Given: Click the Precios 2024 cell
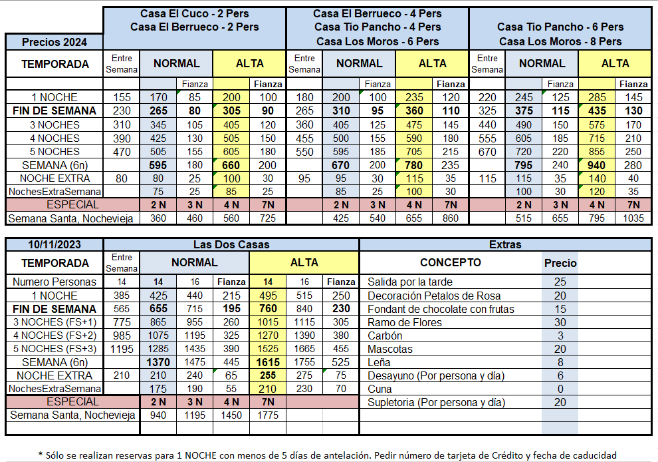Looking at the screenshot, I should click(55, 42).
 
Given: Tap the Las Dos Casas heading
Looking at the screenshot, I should click(231, 244).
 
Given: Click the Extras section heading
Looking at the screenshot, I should click(504, 244).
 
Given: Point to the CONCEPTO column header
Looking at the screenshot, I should click(451, 262).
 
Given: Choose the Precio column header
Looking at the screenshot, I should click(560, 263).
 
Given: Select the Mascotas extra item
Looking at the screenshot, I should click(390, 349).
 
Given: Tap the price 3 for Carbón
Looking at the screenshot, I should click(560, 336).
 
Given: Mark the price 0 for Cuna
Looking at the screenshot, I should click(560, 389).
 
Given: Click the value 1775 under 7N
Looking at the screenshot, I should click(267, 415).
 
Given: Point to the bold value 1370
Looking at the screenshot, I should click(158, 361).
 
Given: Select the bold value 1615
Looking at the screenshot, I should click(267, 361).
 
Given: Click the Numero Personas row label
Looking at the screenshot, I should click(55, 282).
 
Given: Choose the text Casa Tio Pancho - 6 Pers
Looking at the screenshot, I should click(560, 27).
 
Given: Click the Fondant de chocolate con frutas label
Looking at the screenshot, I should click(441, 309).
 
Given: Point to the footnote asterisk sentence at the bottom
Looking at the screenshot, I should click(329, 455).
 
